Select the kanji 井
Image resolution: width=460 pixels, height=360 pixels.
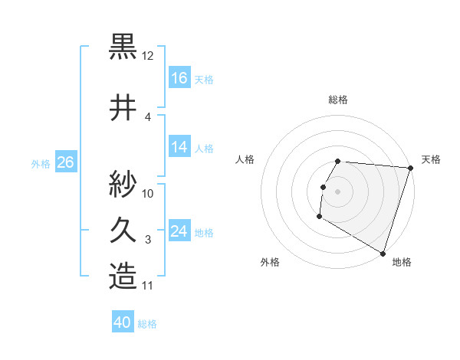pyautogui.click(x=123, y=107)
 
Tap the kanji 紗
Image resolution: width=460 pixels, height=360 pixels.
pyautogui.click(x=123, y=183)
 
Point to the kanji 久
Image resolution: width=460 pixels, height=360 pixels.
pyautogui.click(x=123, y=230)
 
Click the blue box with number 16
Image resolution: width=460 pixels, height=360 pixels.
pyautogui.click(x=179, y=78)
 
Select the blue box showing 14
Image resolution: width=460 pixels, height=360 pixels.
pyautogui.click(x=179, y=148)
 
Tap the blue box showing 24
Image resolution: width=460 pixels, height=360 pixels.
pyautogui.click(x=179, y=231)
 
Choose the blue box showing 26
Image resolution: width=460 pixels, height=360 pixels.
pyautogui.click(x=66, y=162)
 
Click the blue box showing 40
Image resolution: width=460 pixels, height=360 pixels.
pyautogui.click(x=123, y=323)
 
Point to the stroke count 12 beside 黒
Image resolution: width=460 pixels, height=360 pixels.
pyautogui.click(x=148, y=56)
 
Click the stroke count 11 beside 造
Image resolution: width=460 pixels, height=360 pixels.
pyautogui.click(x=148, y=286)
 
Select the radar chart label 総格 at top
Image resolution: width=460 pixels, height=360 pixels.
pyautogui.click(x=338, y=100)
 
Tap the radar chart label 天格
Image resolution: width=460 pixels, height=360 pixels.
pyautogui.click(x=431, y=159)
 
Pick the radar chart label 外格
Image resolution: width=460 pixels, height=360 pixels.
pyautogui.click(x=270, y=262)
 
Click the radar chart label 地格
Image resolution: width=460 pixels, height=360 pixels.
pyautogui.click(x=402, y=262)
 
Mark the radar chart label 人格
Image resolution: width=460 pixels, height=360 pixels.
pyautogui.click(x=245, y=159)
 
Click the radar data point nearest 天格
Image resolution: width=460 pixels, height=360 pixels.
pyautogui.click(x=410, y=168)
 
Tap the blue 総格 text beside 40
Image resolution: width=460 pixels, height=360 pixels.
pyautogui.click(x=147, y=324)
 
